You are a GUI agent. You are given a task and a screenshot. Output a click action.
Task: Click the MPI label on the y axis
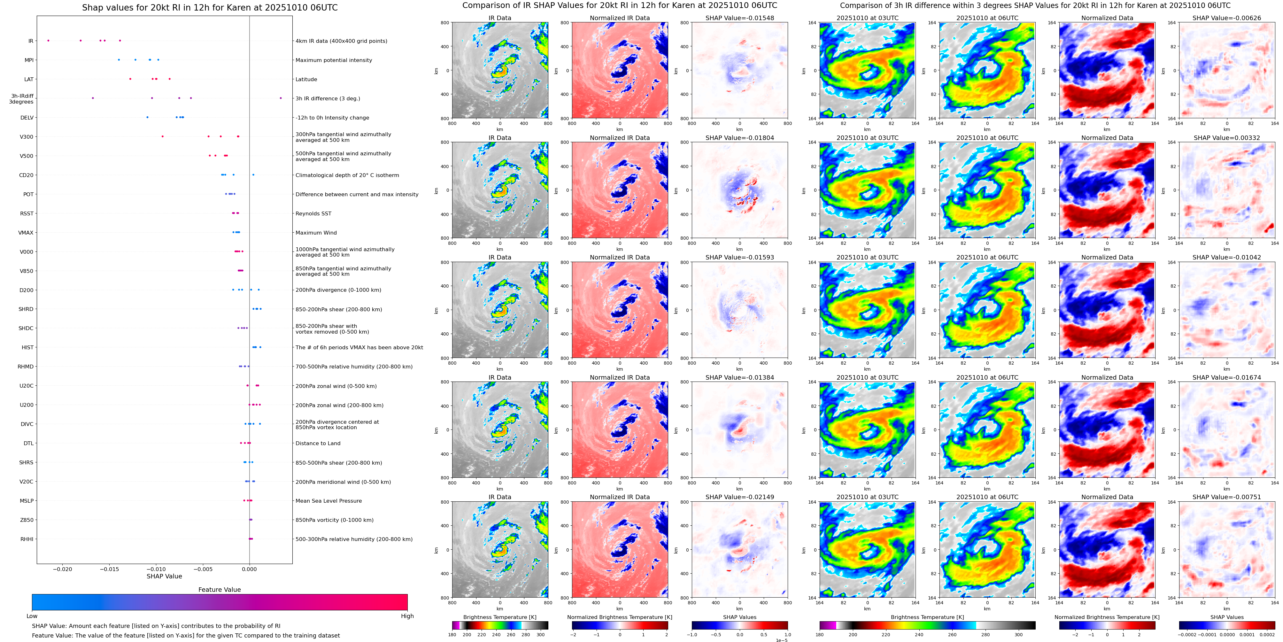[x=29, y=60]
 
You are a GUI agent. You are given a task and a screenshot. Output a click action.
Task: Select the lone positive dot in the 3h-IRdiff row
[x=281, y=98]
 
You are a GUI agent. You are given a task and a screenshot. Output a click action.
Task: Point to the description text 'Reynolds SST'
[x=313, y=214]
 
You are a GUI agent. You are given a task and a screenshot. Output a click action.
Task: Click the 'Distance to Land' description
[x=318, y=443]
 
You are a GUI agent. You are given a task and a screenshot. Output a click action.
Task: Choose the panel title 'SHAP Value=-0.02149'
[x=740, y=497]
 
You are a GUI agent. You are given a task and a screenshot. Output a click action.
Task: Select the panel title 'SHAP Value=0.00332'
[x=1227, y=138]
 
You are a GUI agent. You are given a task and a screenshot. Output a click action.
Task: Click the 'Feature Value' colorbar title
[x=219, y=590]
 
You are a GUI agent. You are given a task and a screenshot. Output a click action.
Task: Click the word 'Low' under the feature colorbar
[x=32, y=616]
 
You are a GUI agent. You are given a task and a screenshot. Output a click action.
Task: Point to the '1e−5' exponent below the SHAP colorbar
[x=781, y=640]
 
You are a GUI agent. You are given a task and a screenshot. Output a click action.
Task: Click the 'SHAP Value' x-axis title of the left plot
[x=164, y=576]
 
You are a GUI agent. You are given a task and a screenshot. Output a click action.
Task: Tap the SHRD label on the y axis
[x=26, y=309]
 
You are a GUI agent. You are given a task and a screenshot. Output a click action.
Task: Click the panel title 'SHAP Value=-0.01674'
[x=1227, y=377]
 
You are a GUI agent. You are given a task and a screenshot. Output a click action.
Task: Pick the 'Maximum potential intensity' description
[x=334, y=60]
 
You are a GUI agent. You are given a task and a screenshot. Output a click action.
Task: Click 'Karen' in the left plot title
[x=226, y=8]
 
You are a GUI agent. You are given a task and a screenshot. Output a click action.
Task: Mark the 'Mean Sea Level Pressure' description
[x=328, y=501]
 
